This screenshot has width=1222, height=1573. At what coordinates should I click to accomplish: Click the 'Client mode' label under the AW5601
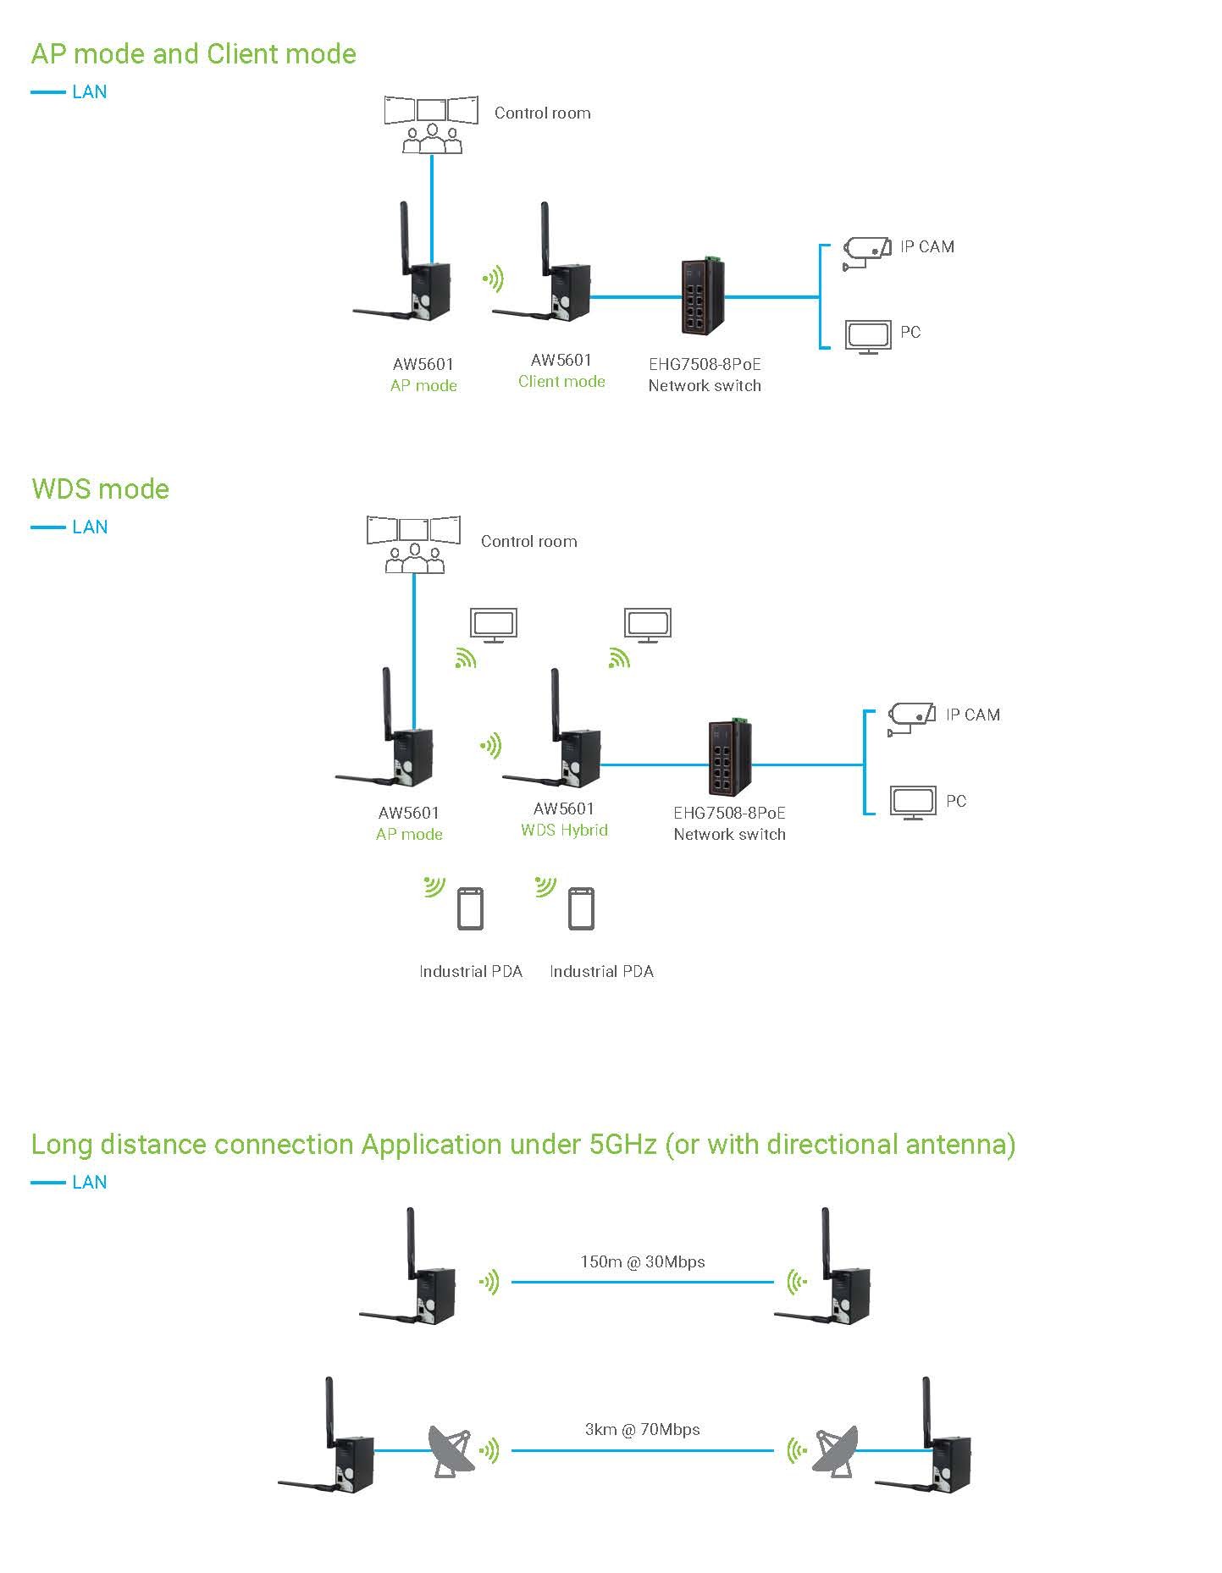click(x=561, y=382)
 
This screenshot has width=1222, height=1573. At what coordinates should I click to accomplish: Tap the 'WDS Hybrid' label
click(x=564, y=831)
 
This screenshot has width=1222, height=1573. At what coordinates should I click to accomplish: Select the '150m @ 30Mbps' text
click(x=643, y=1261)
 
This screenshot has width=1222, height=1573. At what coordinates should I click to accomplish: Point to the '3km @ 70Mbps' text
click(x=643, y=1429)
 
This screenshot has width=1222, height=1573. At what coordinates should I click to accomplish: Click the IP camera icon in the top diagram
click(x=866, y=252)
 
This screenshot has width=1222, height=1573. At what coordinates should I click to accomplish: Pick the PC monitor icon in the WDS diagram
click(x=913, y=802)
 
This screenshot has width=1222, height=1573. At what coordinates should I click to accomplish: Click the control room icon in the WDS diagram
click(x=414, y=544)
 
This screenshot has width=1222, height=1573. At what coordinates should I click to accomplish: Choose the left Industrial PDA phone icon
click(x=471, y=908)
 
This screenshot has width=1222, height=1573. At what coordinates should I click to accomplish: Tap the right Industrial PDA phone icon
click(x=581, y=908)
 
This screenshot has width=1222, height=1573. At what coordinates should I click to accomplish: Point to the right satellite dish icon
click(x=836, y=1451)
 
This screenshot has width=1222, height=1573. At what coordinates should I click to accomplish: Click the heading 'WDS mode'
click(x=100, y=489)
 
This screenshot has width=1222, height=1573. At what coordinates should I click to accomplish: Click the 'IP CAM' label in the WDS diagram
click(x=972, y=715)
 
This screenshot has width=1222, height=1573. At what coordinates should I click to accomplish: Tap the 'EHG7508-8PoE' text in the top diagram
click(x=705, y=365)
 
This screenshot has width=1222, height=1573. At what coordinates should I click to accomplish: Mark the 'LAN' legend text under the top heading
click(x=89, y=92)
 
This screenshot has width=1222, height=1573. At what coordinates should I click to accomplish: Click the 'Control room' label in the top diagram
click(x=542, y=113)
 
